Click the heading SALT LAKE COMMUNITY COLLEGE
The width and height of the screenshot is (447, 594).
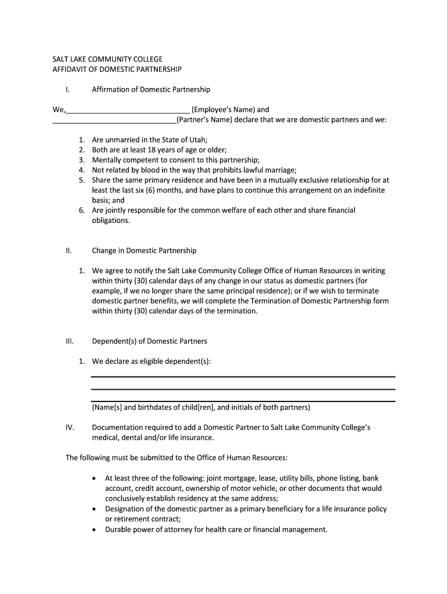click(x=108, y=59)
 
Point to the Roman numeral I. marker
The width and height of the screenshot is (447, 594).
click(x=68, y=90)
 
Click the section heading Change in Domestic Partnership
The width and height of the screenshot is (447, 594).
click(x=144, y=251)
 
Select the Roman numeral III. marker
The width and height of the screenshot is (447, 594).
click(x=69, y=341)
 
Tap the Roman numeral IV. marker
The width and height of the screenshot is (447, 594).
click(x=70, y=428)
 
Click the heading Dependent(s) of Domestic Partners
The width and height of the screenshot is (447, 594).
click(x=149, y=341)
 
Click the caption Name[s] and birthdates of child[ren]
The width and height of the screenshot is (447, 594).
click(x=201, y=407)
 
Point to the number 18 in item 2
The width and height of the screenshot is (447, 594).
click(x=151, y=150)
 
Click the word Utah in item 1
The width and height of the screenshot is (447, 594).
click(x=197, y=140)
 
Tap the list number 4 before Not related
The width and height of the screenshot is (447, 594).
click(x=82, y=170)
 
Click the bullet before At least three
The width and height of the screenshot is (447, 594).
click(x=94, y=479)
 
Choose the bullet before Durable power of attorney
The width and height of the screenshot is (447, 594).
click(x=94, y=530)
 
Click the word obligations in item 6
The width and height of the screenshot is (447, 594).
click(x=110, y=220)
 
